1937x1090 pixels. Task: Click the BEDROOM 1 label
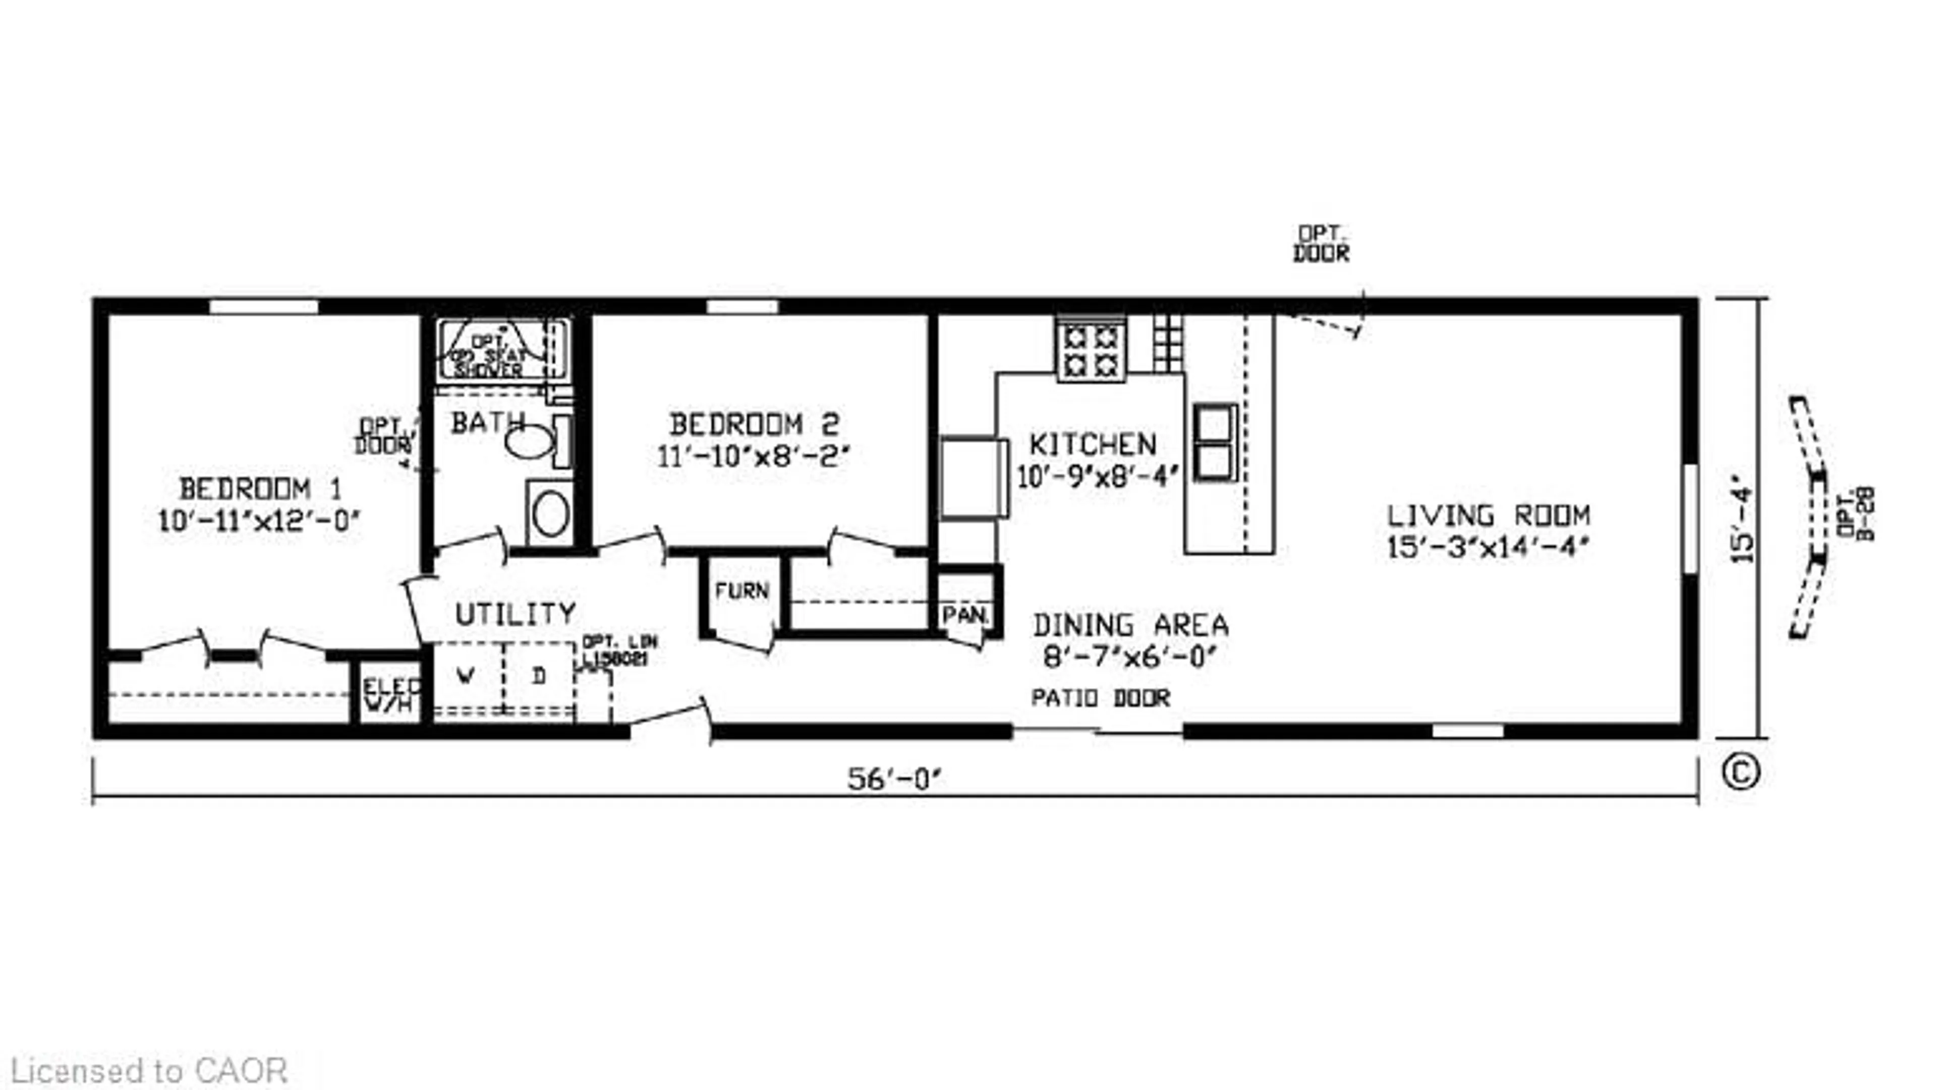260,489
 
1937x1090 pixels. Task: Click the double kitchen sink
1214,443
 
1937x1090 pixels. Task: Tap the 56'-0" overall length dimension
894,779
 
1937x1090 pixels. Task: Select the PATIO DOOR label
1100,698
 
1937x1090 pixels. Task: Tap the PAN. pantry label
965,615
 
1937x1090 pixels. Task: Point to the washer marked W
466,676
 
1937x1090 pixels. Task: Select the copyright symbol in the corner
1739,773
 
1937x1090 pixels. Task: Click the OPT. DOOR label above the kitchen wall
1321,244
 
